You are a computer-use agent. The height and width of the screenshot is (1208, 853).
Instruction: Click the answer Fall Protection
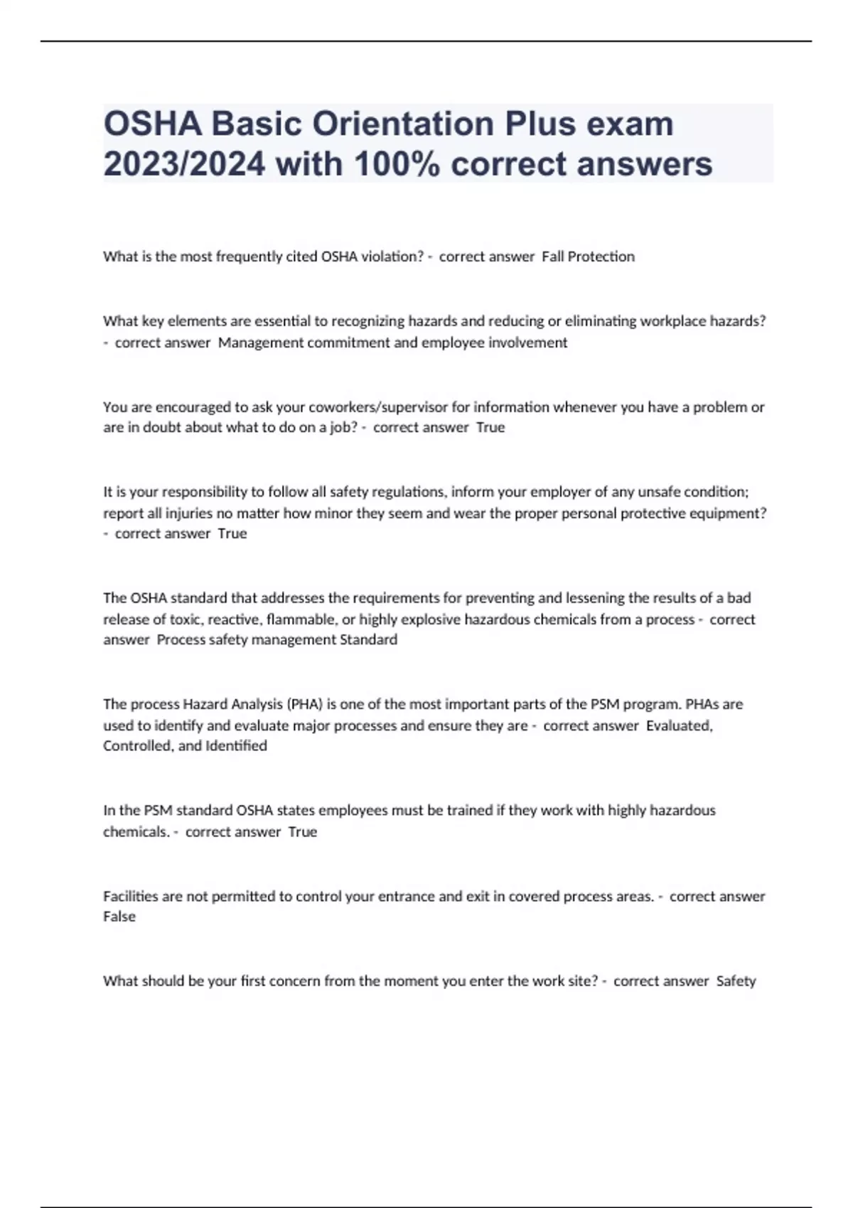(x=588, y=257)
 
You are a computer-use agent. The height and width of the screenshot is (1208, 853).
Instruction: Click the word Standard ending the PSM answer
(x=368, y=640)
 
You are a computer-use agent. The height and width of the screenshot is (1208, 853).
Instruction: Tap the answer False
(x=119, y=917)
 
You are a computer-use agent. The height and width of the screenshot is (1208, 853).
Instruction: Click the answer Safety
(x=736, y=981)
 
